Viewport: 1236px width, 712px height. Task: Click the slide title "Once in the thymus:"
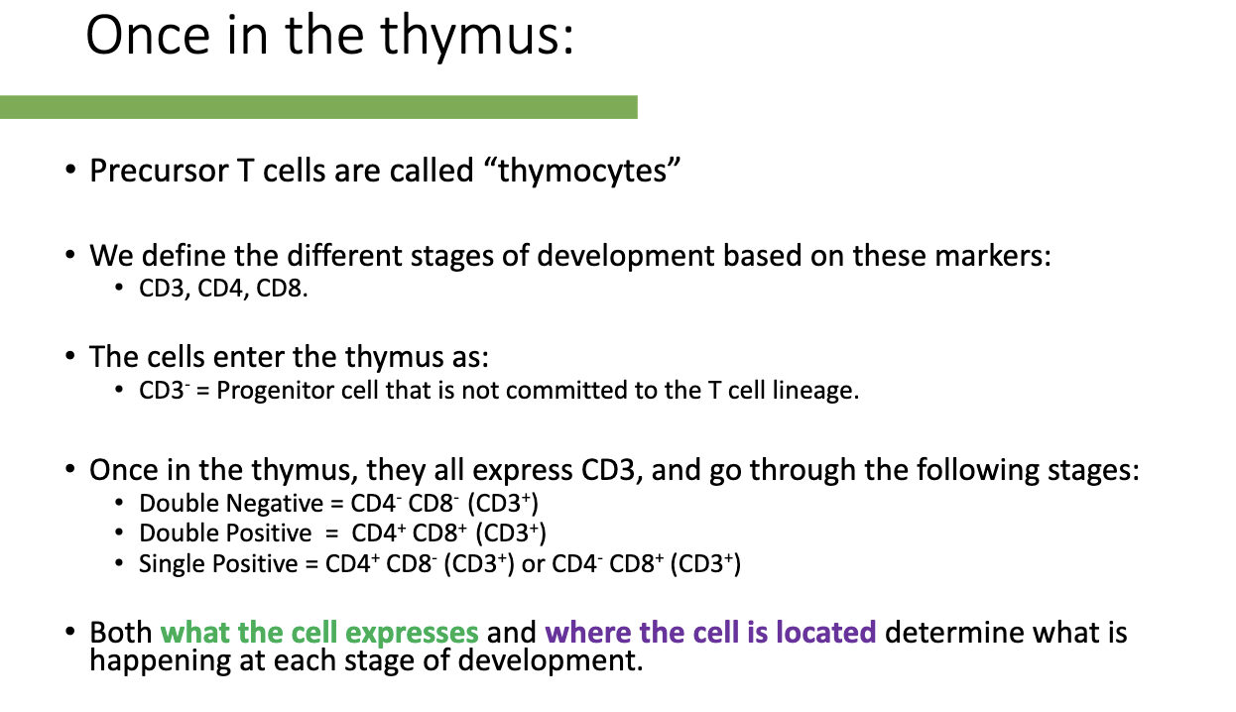tap(329, 37)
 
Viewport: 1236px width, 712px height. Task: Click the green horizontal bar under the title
tap(317, 107)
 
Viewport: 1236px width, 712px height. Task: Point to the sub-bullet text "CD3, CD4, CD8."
tap(225, 292)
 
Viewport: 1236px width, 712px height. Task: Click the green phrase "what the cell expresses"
tap(319, 633)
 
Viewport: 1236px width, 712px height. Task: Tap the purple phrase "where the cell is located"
tap(710, 633)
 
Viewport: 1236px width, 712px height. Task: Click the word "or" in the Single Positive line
tap(535, 565)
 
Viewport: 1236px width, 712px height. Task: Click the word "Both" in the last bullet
tap(121, 633)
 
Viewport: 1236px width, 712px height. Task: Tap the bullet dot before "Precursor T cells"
tap(70, 172)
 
